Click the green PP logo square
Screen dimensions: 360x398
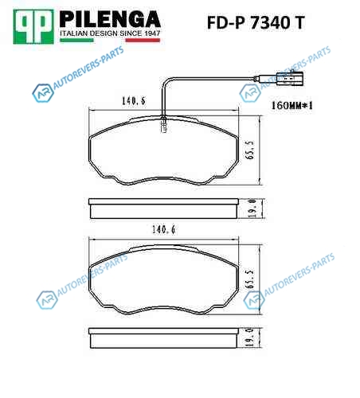pyautogui.click(x=33, y=27)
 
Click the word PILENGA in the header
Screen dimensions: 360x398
pyautogui.click(x=110, y=19)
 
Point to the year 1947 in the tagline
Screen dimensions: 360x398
pyautogui.click(x=152, y=33)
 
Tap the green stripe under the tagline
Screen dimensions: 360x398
pyautogui.click(x=76, y=40)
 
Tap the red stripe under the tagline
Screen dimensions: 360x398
pyautogui.click(x=143, y=40)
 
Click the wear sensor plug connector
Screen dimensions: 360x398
pyautogui.click(x=289, y=79)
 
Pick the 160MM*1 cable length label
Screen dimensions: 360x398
pyautogui.click(x=292, y=106)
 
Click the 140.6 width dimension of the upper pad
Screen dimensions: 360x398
pyautogui.click(x=134, y=101)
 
